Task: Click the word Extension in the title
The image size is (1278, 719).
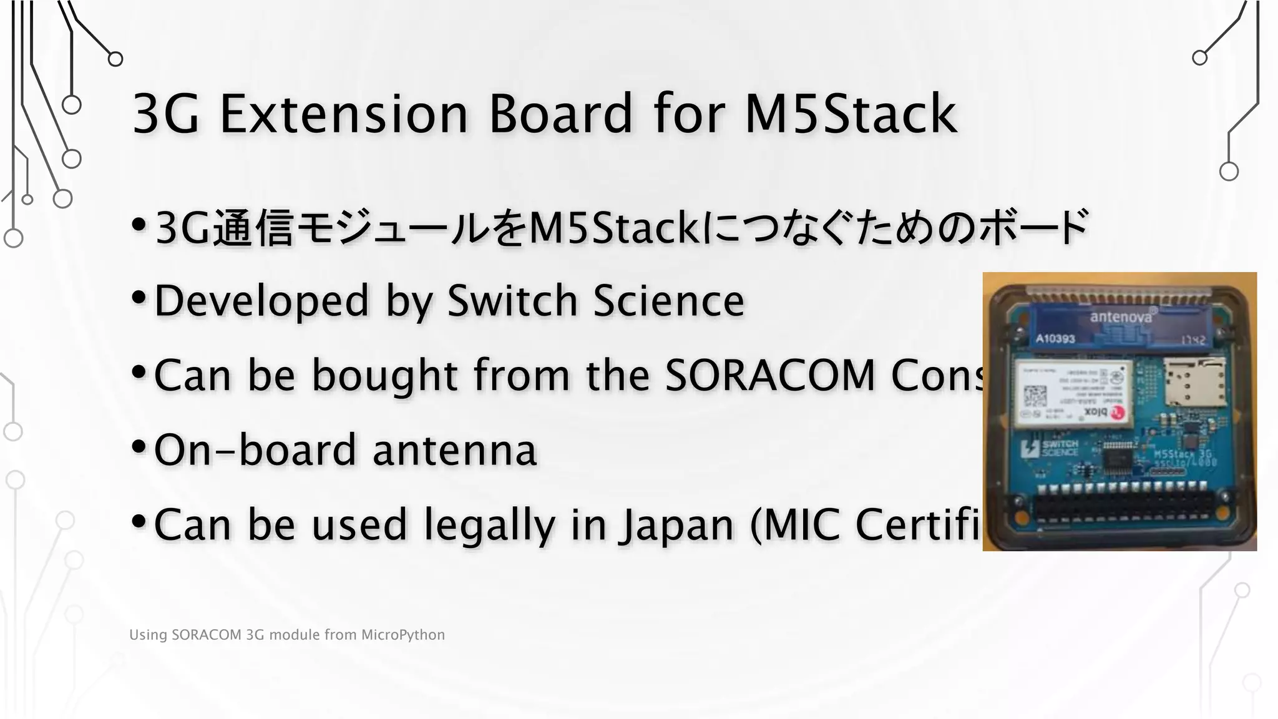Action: click(x=343, y=114)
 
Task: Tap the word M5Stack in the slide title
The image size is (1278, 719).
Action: click(x=851, y=114)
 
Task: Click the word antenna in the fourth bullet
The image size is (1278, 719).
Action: click(x=454, y=450)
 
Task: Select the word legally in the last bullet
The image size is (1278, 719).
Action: click(x=489, y=525)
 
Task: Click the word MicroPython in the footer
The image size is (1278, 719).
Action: click(x=403, y=635)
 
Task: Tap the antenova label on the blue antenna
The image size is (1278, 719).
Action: click(x=1121, y=317)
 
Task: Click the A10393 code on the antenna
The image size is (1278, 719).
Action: click(x=1055, y=339)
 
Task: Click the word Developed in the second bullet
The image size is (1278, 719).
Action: click(x=261, y=301)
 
